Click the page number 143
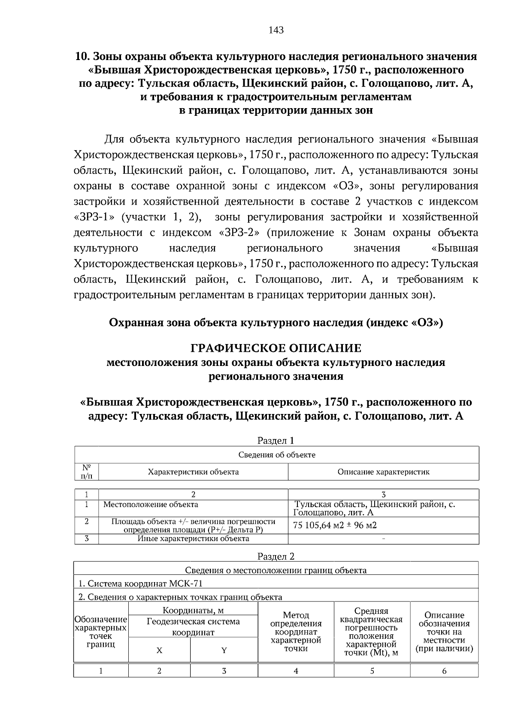pyautogui.click(x=276, y=30)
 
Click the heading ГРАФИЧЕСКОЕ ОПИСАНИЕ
pyautogui.click(x=276, y=348)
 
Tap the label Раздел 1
pyautogui.click(x=276, y=440)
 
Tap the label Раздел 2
pyautogui.click(x=276, y=556)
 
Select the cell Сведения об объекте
pyautogui.click(x=276, y=455)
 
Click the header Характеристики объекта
pyautogui.click(x=193, y=472)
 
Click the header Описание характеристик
pyautogui.click(x=383, y=472)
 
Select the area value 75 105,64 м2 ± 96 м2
pyautogui.click(x=335, y=525)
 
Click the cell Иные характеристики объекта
pyautogui.click(x=193, y=538)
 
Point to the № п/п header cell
pyautogui.click(x=86, y=471)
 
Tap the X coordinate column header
pyautogui.click(x=159, y=650)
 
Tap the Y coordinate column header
pyautogui.click(x=224, y=650)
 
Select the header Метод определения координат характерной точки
pyautogui.click(x=296, y=632)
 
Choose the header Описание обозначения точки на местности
pyautogui.click(x=444, y=632)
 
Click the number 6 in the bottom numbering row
pyautogui.click(x=444, y=671)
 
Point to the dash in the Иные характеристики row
pyautogui.click(x=383, y=538)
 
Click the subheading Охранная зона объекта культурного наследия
pyautogui.click(x=276, y=322)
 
